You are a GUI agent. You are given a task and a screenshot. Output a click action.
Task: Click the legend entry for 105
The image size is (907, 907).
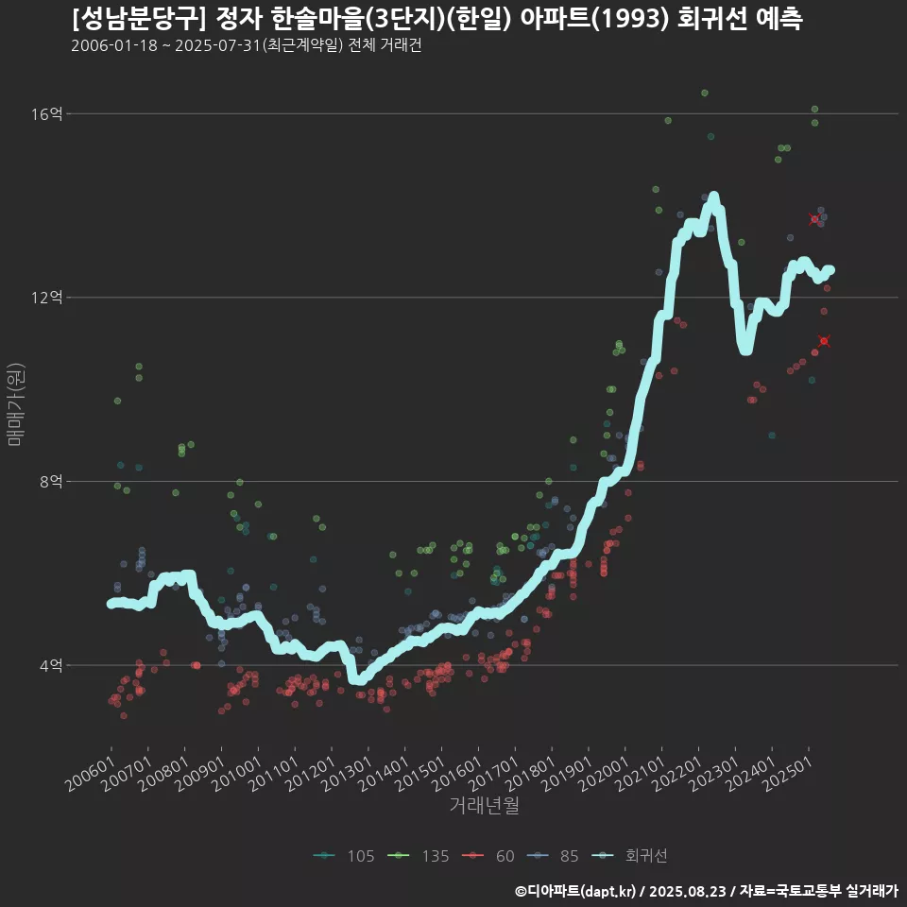coord(349,856)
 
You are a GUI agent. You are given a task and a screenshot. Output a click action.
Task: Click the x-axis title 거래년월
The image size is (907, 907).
coord(484,806)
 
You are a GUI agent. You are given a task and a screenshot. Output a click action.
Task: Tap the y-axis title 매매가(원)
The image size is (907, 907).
coord(15,402)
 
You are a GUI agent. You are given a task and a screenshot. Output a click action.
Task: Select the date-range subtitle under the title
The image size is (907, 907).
coord(246,46)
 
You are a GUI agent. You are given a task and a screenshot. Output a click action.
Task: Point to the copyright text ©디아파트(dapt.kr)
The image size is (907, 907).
coord(576,891)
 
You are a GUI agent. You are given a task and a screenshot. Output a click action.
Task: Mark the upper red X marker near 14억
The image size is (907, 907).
coord(814,219)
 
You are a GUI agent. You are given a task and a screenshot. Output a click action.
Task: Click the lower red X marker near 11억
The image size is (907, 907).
coord(824,341)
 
